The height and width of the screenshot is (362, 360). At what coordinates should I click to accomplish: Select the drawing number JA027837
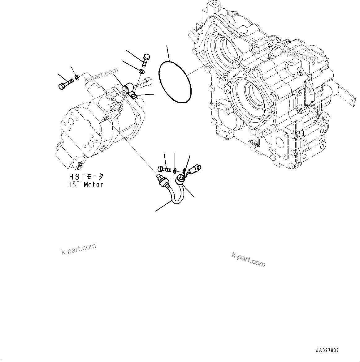coord(327,350)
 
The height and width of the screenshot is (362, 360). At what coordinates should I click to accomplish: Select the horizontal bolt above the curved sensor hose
coord(164,169)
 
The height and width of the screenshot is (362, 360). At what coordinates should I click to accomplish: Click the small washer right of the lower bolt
coord(175,169)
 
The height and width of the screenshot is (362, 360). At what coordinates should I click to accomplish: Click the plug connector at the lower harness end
coord(196,169)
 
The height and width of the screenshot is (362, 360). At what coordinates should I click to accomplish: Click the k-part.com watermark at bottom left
coord(79,249)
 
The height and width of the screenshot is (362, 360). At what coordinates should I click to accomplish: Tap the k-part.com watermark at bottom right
coord(248,259)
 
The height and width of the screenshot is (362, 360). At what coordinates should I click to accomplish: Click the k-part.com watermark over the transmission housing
coord(298,55)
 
